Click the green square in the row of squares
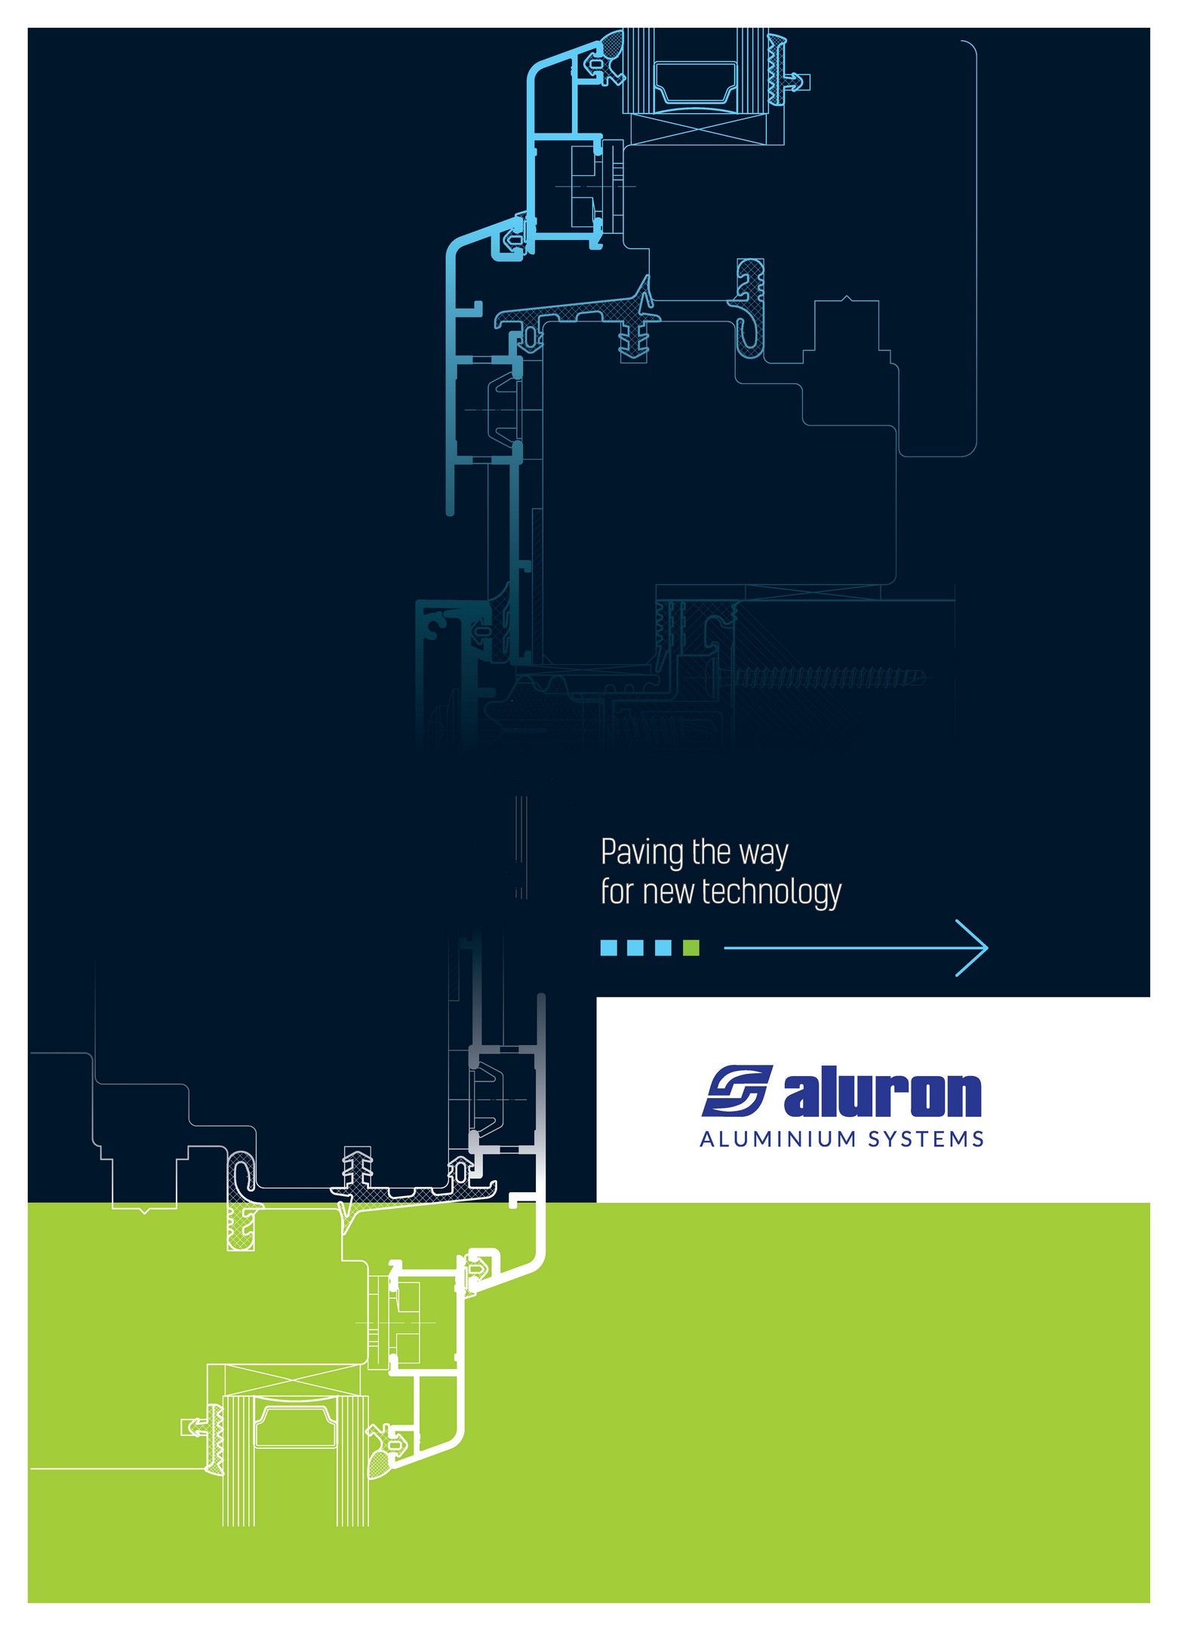tap(690, 947)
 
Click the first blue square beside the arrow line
tap(608, 947)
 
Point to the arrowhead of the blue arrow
tap(987, 947)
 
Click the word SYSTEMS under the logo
tap(925, 1139)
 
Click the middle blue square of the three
tap(635, 947)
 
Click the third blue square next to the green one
tap(663, 947)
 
